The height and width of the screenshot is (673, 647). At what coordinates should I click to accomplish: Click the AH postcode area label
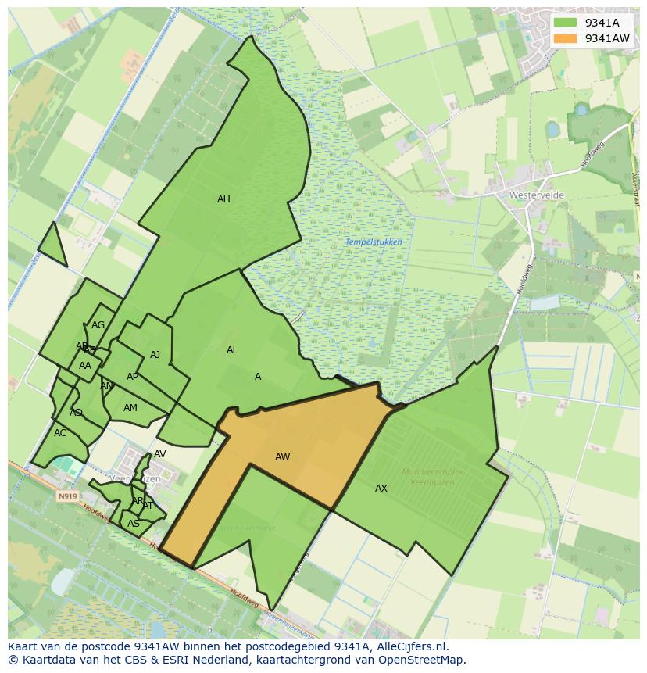click(223, 199)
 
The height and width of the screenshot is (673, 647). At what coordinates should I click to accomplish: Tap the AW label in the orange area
click(282, 457)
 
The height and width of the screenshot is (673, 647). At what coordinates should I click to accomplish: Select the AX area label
click(381, 489)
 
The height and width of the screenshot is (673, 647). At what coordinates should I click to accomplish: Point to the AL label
click(232, 350)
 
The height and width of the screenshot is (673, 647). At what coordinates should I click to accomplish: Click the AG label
click(98, 325)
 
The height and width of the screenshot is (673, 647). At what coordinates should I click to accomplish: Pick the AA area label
click(85, 366)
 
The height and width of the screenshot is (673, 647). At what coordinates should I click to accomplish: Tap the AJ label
click(155, 355)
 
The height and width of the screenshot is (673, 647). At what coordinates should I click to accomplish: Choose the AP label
click(132, 377)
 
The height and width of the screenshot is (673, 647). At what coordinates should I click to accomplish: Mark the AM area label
click(130, 408)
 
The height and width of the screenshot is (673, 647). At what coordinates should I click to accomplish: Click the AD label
click(76, 413)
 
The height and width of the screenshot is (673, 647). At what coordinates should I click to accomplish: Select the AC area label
click(60, 433)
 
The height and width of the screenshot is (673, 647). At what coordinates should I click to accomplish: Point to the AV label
click(160, 454)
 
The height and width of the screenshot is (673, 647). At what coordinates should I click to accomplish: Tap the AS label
click(134, 524)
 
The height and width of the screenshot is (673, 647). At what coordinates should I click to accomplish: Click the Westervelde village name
click(536, 195)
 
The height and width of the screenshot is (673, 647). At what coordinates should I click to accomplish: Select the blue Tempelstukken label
click(374, 242)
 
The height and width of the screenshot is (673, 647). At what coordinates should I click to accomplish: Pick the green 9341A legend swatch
click(564, 23)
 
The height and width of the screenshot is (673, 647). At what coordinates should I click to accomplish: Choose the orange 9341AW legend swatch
click(564, 38)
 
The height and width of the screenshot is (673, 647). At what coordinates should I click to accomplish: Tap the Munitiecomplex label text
click(432, 472)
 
